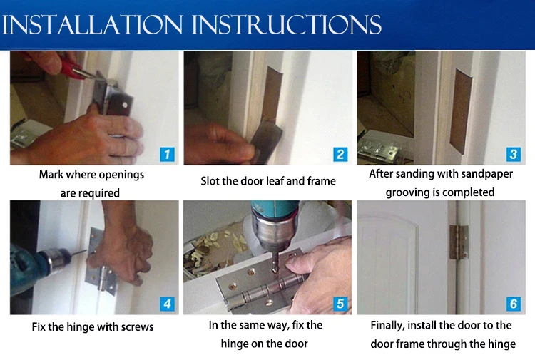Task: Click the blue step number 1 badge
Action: click(x=168, y=155)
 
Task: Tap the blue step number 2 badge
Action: click(x=340, y=155)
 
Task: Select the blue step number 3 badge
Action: click(x=513, y=154)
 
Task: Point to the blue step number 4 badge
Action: click(x=168, y=304)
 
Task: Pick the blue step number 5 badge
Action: click(x=340, y=304)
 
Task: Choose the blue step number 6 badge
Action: click(x=514, y=304)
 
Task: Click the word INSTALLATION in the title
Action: click(x=93, y=24)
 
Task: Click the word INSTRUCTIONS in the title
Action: click(x=287, y=24)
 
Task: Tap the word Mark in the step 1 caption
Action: click(x=51, y=175)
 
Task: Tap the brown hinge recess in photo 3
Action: click(x=461, y=111)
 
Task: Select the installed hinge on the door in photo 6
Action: click(x=458, y=242)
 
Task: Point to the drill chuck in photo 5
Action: click(x=273, y=235)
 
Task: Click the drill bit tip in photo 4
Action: click(x=86, y=251)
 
